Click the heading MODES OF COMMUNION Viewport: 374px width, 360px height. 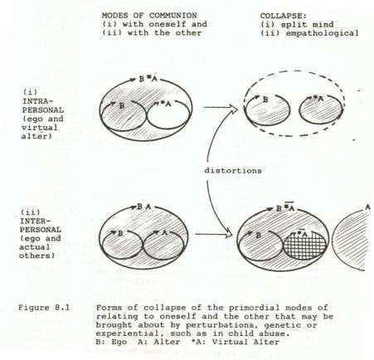[149, 16]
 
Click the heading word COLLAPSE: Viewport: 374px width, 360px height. [284, 16]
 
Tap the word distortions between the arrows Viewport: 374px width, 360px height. [233, 171]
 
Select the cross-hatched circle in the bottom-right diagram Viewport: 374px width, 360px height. [305, 245]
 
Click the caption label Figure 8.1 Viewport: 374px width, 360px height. [44, 308]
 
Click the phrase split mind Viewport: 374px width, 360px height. [307, 24]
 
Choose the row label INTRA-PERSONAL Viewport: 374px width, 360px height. [43, 105]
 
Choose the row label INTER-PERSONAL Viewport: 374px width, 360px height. [41, 226]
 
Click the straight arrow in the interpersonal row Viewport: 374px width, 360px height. [214, 235]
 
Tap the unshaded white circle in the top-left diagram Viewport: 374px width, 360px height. [168, 114]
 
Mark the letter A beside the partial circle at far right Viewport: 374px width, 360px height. [367, 207]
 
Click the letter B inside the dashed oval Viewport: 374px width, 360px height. [265, 100]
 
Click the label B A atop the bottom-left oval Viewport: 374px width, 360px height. [144, 207]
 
